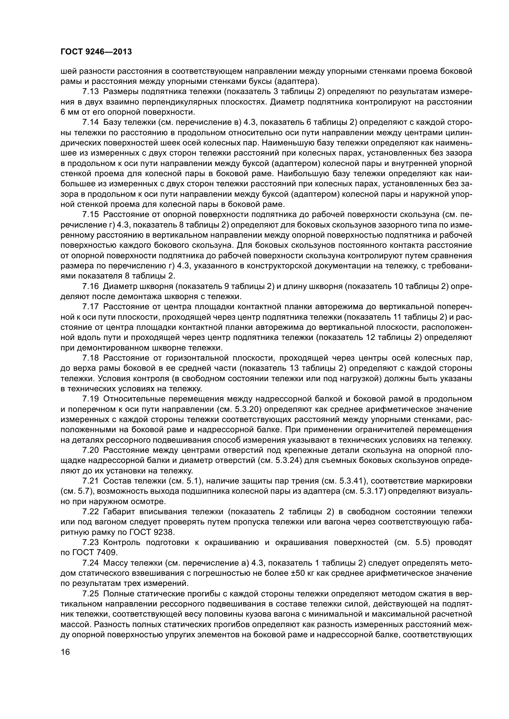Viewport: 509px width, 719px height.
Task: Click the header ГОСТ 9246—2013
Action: point(96,52)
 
